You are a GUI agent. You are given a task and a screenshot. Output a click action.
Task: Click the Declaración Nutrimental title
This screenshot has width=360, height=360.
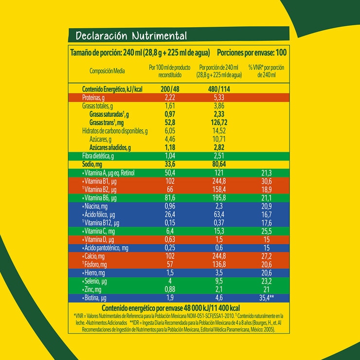click(x=131, y=36)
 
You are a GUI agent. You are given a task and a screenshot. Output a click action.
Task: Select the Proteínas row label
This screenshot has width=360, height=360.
click(x=95, y=98)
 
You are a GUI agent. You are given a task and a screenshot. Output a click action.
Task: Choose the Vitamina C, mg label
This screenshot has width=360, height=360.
click(x=99, y=231)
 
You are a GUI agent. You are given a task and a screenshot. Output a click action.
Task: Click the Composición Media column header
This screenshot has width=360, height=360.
click(x=107, y=71)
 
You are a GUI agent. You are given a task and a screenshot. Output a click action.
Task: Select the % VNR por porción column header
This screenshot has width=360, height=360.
click(x=266, y=71)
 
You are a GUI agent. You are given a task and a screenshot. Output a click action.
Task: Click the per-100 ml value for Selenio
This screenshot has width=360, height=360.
click(x=170, y=281)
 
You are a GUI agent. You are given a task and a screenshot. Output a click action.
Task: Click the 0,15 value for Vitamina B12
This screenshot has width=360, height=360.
click(x=170, y=223)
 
